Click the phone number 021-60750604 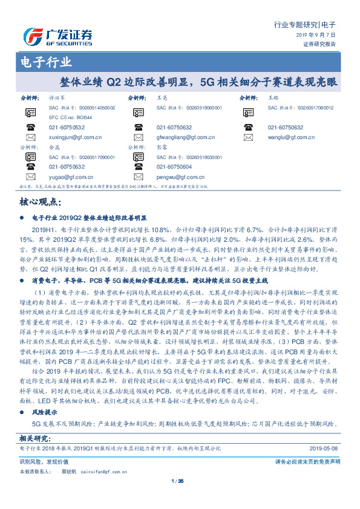(x=174, y=167)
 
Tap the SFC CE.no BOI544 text (x=71, y=117)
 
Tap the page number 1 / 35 (x=180, y=481)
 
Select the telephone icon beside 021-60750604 (x=139, y=167)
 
